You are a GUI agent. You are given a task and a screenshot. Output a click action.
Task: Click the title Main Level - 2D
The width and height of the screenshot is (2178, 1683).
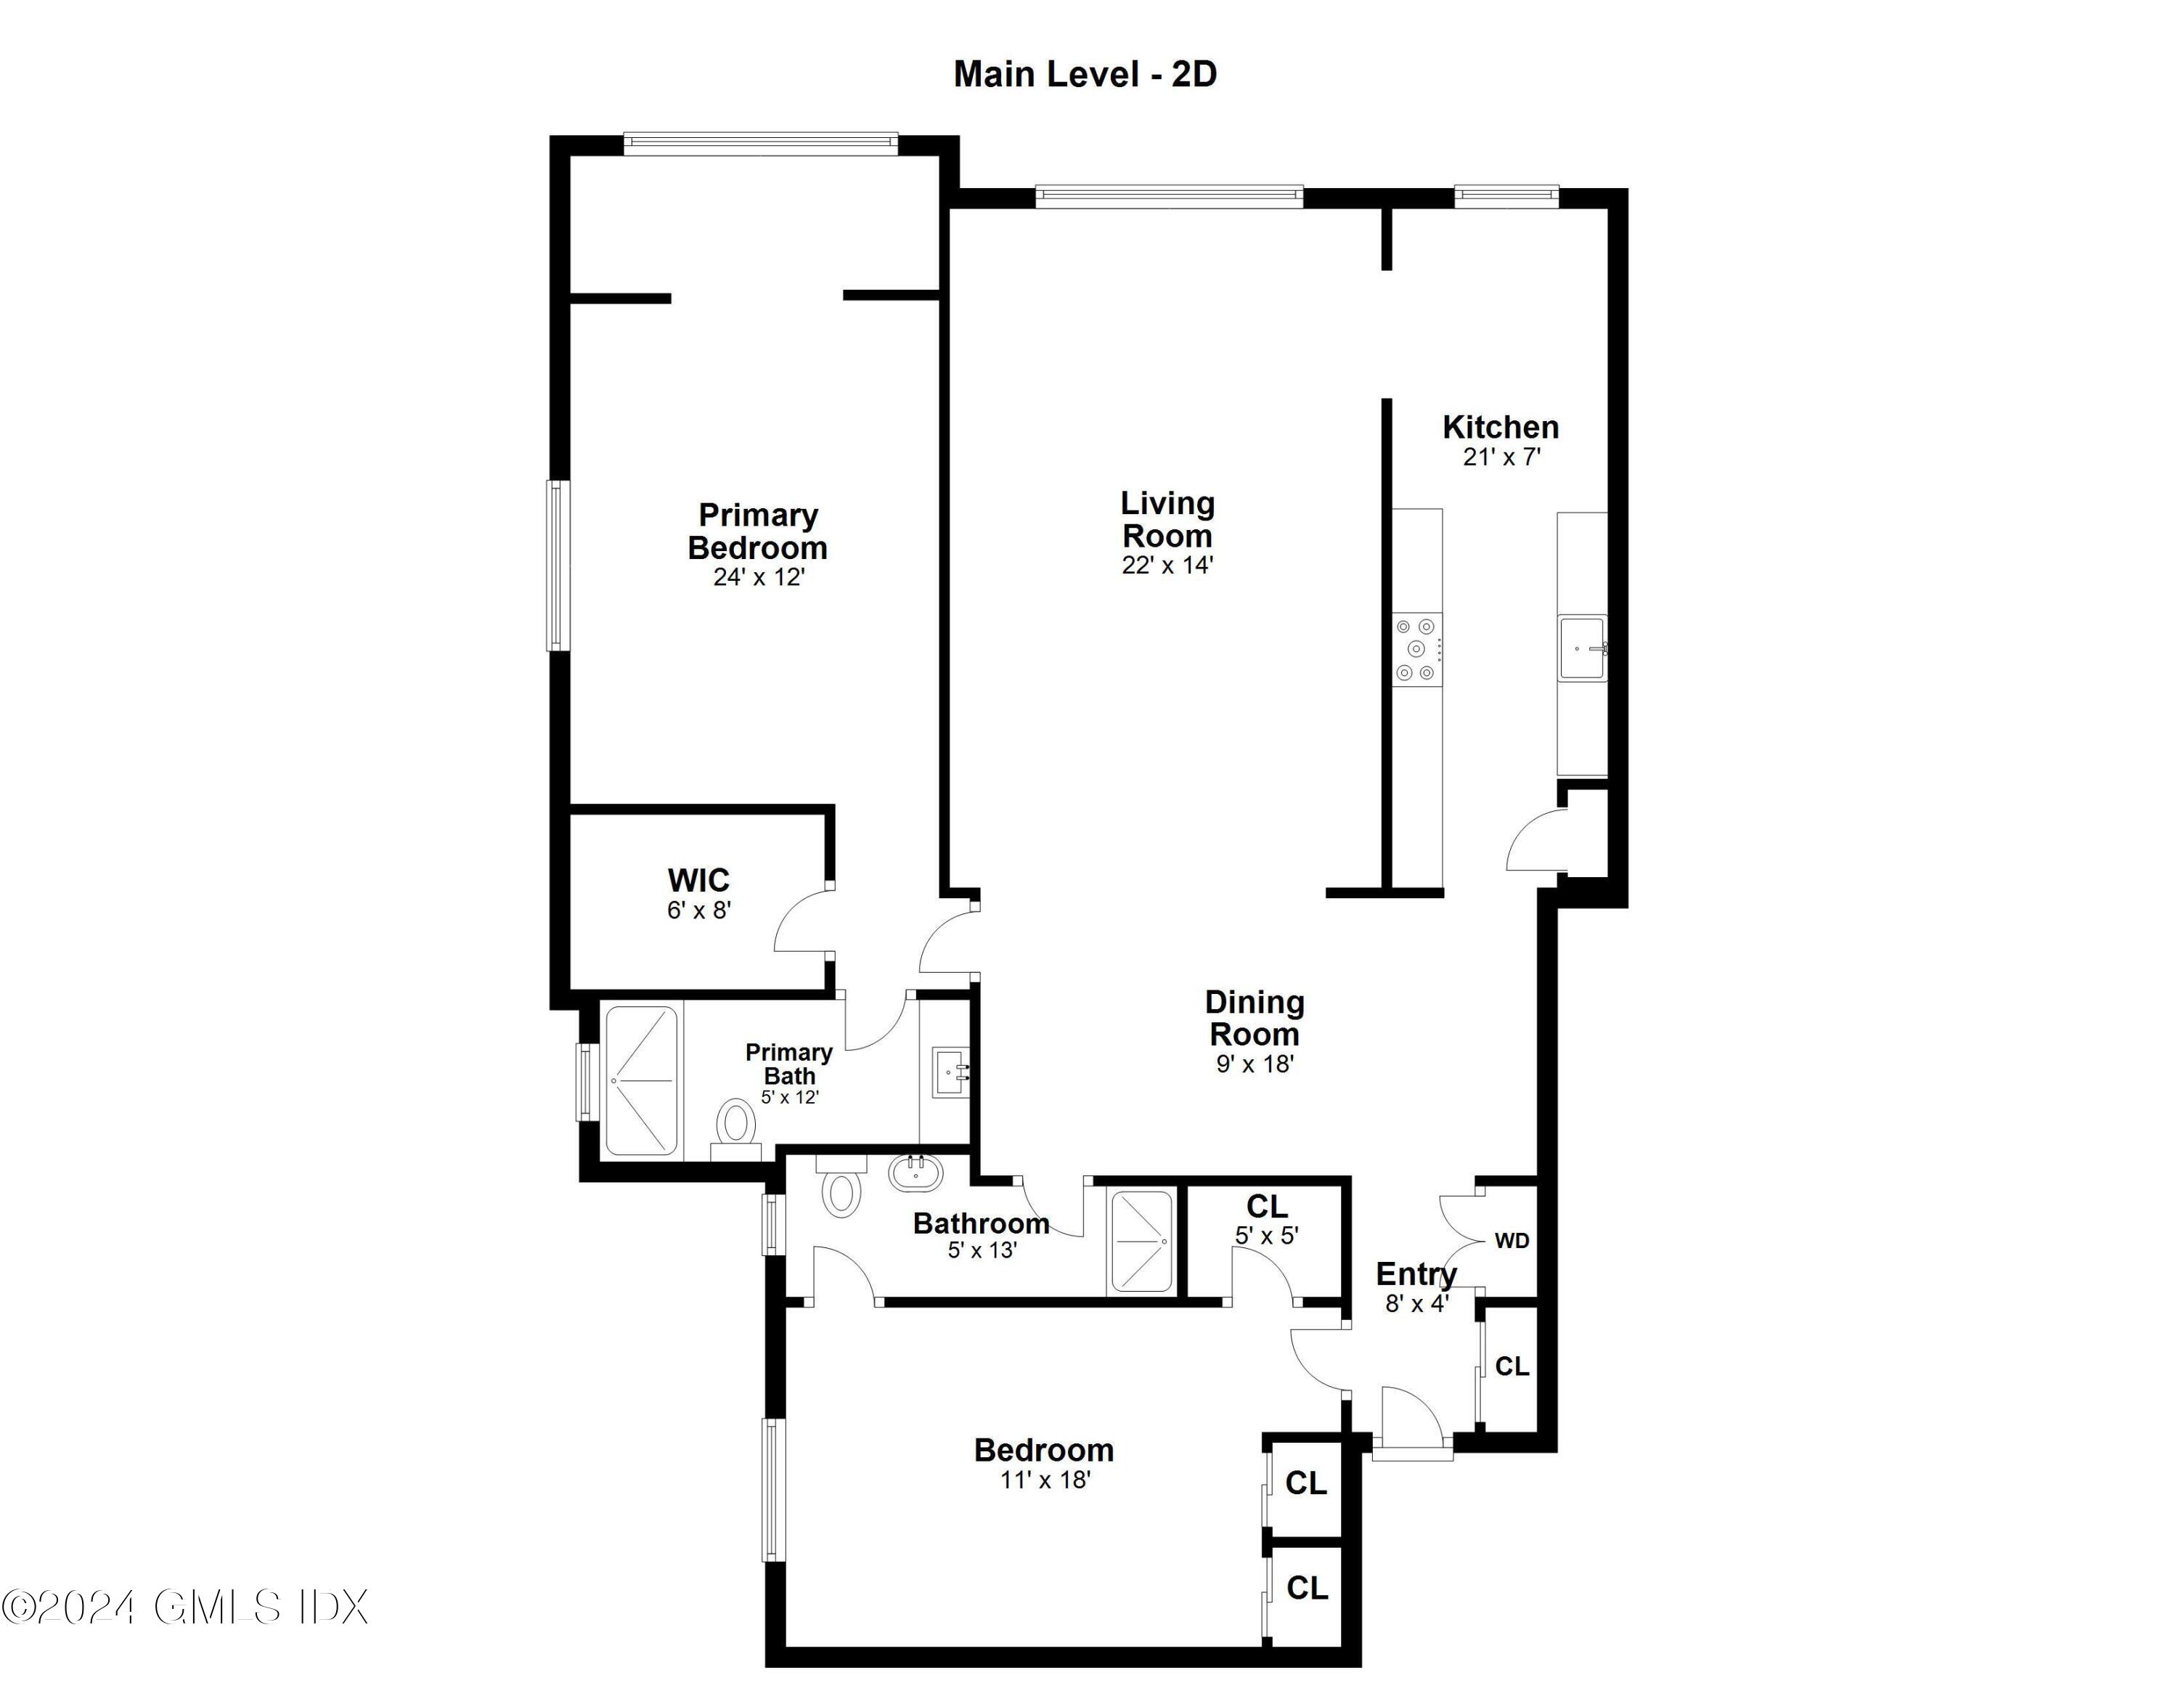point(1085,75)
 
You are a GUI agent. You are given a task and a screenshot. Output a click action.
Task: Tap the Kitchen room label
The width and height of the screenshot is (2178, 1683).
point(1500,428)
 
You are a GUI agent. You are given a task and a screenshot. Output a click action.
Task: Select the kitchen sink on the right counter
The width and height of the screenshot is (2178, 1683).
point(1583,649)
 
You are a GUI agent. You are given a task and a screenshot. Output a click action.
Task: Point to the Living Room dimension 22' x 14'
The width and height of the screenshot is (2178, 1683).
point(1167,566)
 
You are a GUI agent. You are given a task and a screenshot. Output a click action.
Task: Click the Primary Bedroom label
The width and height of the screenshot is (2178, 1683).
point(758,531)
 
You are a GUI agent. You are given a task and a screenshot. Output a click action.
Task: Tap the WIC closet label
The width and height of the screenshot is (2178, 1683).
point(698,881)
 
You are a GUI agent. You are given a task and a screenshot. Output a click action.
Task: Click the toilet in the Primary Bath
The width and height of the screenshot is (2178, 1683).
point(736,1122)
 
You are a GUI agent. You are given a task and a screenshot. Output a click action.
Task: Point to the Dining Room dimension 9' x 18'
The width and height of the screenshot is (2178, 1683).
point(1255,1064)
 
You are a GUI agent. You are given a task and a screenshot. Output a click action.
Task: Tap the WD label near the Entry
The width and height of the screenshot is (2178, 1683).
point(1512,1242)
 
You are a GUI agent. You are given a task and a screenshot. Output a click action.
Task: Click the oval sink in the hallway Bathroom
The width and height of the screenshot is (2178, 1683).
point(915,1173)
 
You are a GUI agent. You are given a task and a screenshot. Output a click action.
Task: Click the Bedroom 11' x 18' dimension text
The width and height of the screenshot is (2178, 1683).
point(1045,1480)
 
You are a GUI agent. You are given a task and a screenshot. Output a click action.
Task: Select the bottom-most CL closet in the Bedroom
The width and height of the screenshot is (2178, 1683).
point(1306,1587)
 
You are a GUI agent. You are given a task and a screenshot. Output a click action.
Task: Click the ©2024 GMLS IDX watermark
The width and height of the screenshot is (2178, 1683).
point(185,1607)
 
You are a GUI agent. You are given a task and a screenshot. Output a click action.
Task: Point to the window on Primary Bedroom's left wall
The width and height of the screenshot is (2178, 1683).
point(558,566)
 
